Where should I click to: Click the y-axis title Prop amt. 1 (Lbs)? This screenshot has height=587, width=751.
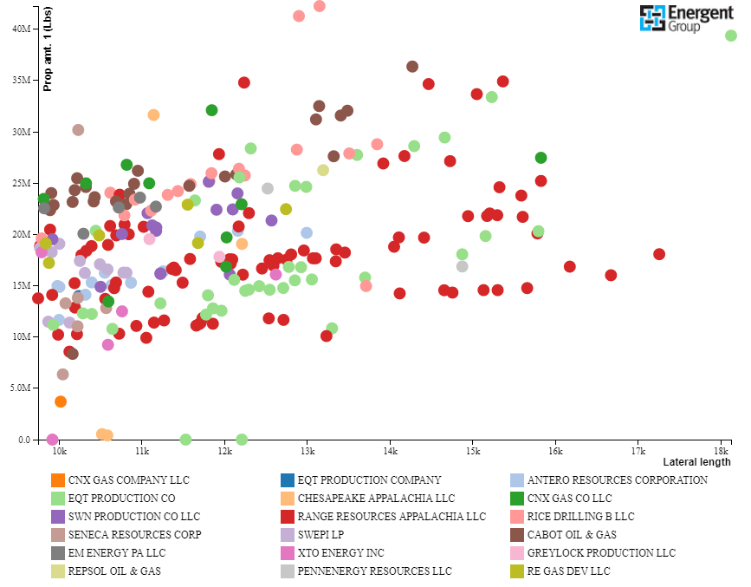[x=49, y=49]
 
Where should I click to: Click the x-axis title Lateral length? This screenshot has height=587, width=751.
[x=696, y=462]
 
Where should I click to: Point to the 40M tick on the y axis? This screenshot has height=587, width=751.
[x=21, y=29]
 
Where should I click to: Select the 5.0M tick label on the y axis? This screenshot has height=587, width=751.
[x=19, y=388]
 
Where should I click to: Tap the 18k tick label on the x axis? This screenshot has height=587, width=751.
[x=721, y=452]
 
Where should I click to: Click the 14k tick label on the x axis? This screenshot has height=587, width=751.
[x=390, y=452]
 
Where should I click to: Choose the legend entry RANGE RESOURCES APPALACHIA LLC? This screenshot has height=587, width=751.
[x=392, y=516]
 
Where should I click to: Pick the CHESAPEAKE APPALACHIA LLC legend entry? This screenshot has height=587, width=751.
[x=376, y=498]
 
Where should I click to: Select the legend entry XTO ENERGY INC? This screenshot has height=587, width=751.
[x=341, y=552]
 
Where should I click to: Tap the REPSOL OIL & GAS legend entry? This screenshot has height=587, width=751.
[x=114, y=571]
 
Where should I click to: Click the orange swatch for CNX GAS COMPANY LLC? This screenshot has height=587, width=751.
[x=58, y=479]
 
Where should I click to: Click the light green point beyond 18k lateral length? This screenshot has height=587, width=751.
[x=731, y=36]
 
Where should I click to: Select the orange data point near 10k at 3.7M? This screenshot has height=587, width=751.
[x=61, y=401]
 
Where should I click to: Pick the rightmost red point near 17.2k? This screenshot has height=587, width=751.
[x=659, y=254]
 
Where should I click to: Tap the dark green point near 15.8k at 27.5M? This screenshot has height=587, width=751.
[x=541, y=158]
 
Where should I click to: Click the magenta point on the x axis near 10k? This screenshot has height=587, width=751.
[x=53, y=440]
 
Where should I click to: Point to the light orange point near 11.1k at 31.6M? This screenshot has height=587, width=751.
[x=153, y=114]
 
